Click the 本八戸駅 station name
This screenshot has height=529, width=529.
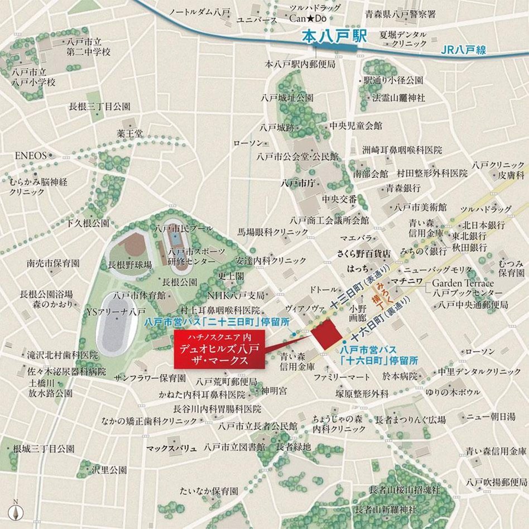[x=326, y=37]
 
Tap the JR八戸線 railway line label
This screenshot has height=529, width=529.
[x=463, y=50]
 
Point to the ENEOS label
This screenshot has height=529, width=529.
[x=30, y=156]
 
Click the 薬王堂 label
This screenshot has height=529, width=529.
[x=130, y=133]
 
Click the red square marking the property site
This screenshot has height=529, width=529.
[x=327, y=334]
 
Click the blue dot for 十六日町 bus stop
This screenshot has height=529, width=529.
[x=345, y=342]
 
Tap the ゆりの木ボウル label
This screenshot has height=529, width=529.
[x=454, y=392]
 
